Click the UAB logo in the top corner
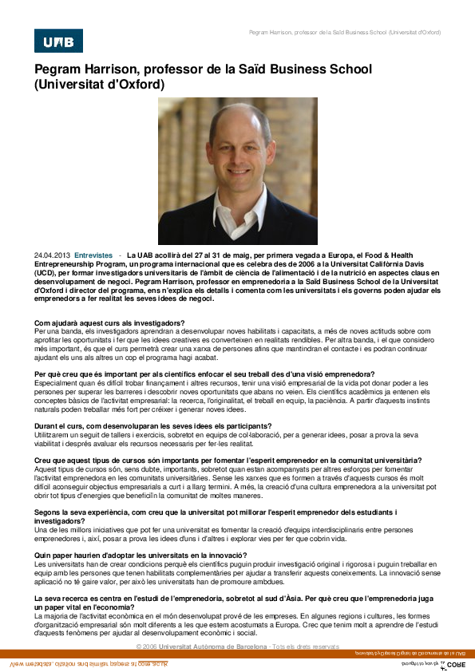(x=58, y=41)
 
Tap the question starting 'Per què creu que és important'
(x=204, y=374)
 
